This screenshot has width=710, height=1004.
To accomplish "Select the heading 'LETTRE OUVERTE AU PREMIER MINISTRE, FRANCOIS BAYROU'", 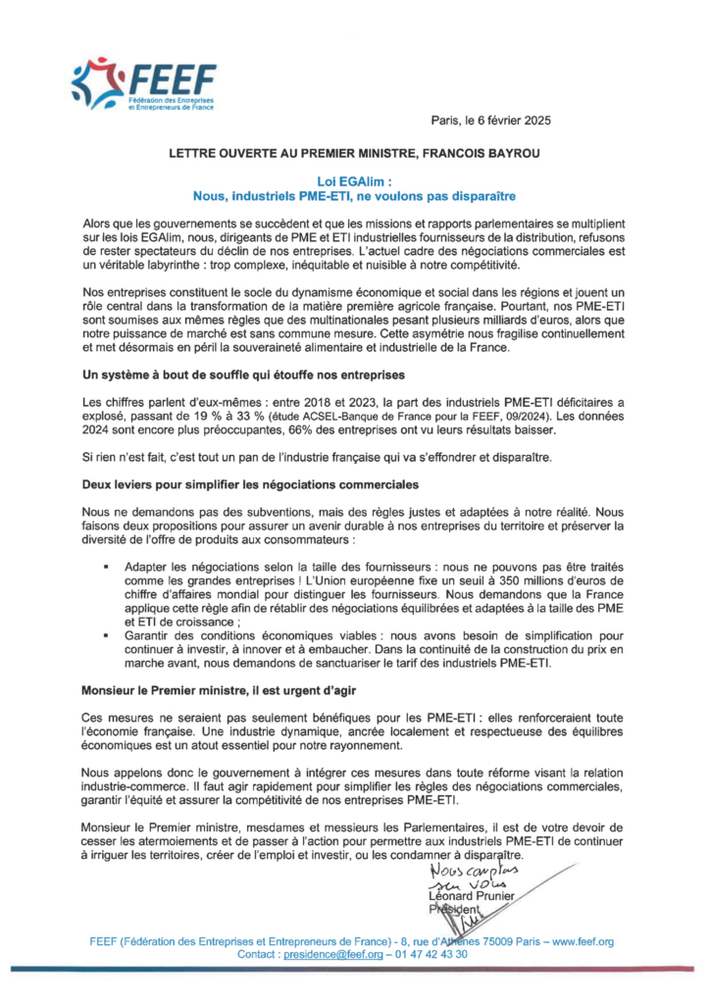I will point(354,154).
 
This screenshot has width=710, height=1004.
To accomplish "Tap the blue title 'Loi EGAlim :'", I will point(354,181).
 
